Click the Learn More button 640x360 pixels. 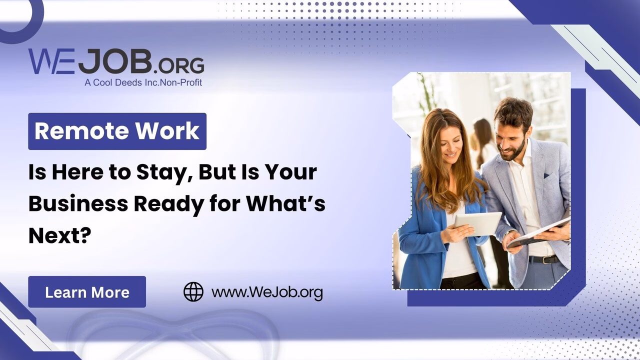tap(87, 291)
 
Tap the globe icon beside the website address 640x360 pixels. tap(193, 292)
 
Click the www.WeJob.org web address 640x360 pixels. tap(267, 292)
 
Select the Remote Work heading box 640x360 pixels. tap(117, 131)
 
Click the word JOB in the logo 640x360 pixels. tap(115, 61)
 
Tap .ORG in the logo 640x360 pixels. tap(179, 65)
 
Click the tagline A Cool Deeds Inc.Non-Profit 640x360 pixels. tap(143, 82)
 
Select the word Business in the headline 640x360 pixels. tap(78, 203)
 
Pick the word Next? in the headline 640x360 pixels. tap(59, 235)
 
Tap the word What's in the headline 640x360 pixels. tap(285, 203)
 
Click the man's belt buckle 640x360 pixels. tap(546, 260)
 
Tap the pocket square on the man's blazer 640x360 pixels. tap(546, 175)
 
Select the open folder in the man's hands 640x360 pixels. tap(538, 233)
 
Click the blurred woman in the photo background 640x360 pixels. tap(483, 143)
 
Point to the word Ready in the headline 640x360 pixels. tap(169, 203)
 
